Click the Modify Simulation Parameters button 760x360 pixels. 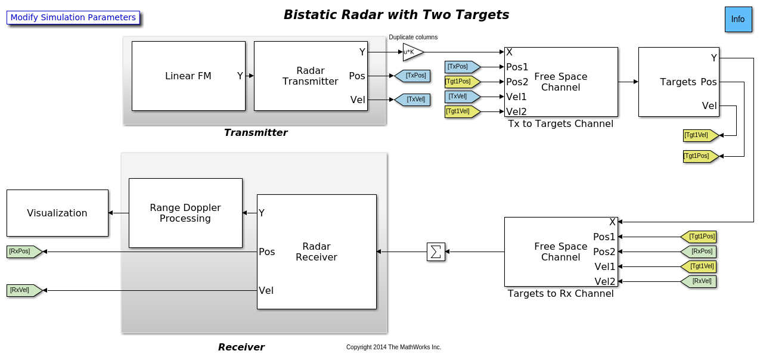[73, 18]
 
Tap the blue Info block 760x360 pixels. [738, 19]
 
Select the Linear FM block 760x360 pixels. [188, 76]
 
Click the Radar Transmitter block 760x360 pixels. [310, 76]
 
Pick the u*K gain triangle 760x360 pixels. [412, 52]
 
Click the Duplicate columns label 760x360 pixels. [413, 37]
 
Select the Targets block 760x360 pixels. [678, 82]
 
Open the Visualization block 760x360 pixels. [57, 213]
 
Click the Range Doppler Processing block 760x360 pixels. [185, 213]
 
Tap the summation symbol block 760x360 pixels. [436, 252]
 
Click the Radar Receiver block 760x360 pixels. [317, 252]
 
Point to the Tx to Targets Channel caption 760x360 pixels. [560, 124]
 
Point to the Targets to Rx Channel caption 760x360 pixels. [560, 294]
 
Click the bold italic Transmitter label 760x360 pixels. [256, 133]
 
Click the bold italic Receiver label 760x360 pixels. [241, 347]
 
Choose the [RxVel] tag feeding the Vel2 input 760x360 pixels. [699, 281]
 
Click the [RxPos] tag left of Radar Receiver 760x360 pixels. [23, 252]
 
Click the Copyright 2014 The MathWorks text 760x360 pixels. [393, 347]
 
